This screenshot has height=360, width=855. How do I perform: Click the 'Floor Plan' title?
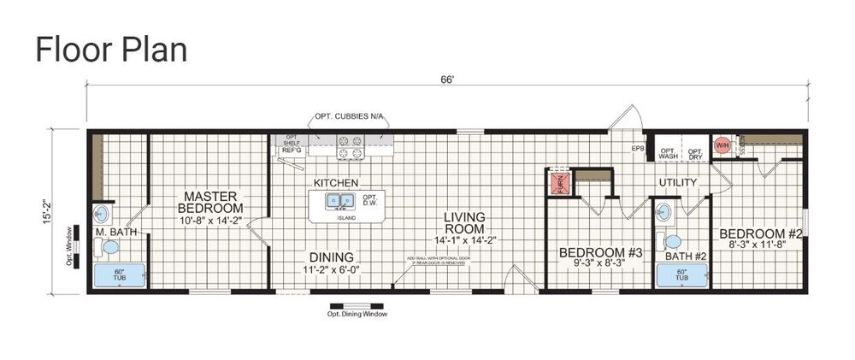[x=110, y=50]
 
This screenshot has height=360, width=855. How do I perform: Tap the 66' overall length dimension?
[x=447, y=80]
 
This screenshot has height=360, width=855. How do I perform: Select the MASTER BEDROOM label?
[x=209, y=202]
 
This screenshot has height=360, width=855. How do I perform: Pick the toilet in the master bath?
[x=109, y=248]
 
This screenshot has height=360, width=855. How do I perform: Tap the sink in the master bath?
[x=103, y=214]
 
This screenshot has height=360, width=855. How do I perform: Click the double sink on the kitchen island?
[x=339, y=201]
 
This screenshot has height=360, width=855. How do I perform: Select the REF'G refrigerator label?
[x=290, y=150]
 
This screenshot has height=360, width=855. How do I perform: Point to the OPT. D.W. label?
[x=370, y=200]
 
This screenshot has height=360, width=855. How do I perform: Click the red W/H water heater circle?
[x=722, y=145]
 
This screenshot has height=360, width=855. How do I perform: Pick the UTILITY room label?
[x=678, y=183]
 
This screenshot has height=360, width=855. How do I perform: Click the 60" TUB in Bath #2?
[x=681, y=274]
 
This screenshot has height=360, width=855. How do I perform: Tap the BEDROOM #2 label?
[x=758, y=233]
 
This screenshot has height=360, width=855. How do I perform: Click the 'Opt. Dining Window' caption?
[x=357, y=314]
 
